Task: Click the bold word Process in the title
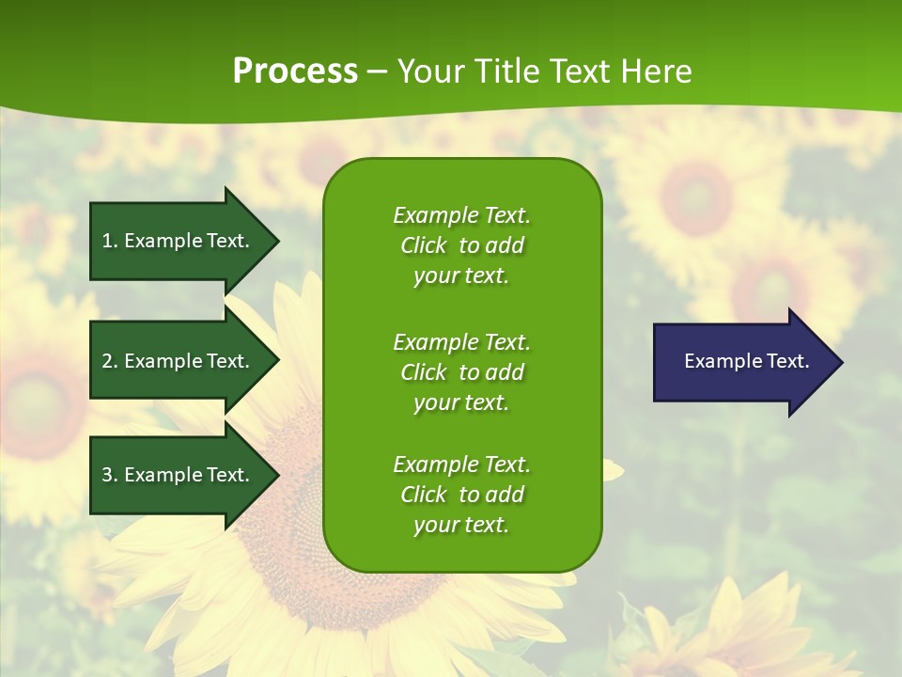295,71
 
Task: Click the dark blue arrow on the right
742,362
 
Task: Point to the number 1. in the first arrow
110,241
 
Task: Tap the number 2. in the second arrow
110,361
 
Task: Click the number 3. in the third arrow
110,475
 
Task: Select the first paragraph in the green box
461,245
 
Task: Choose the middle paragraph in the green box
461,372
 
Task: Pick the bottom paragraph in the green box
461,495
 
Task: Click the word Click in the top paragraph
424,245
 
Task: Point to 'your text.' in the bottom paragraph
461,525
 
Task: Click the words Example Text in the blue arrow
746,361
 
